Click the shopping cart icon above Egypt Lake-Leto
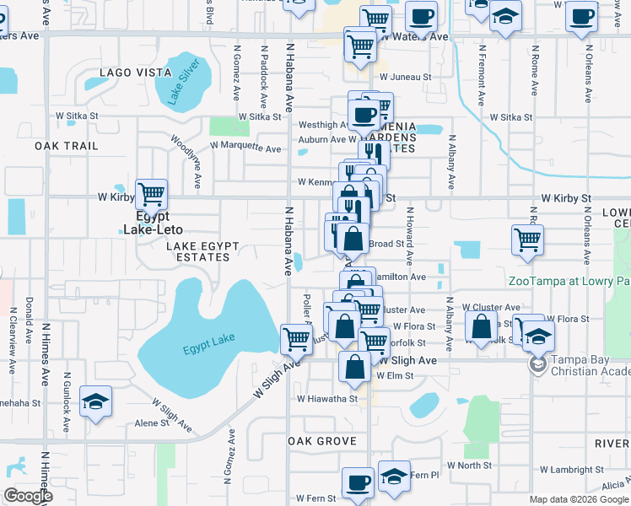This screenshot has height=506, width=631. pyautogui.click(x=151, y=195)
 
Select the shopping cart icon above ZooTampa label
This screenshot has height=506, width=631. pyautogui.click(x=527, y=240)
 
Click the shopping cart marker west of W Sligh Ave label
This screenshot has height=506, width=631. pyautogui.click(x=296, y=339)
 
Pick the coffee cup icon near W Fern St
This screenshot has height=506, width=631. pyautogui.click(x=358, y=482)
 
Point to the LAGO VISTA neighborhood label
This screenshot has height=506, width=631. pyautogui.click(x=136, y=73)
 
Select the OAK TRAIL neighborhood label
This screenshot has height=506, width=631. pyautogui.click(x=67, y=146)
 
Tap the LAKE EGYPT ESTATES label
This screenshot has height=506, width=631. pyautogui.click(x=202, y=251)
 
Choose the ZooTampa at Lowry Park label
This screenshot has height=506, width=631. pyautogui.click(x=569, y=281)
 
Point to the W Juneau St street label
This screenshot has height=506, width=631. pyautogui.click(x=405, y=76)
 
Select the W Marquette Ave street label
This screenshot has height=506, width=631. pyautogui.click(x=245, y=148)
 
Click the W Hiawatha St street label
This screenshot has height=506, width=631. pyautogui.click(x=326, y=398)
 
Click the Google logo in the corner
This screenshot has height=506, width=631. pyautogui.click(x=28, y=496)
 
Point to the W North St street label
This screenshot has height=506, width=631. pyautogui.click(x=469, y=465)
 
